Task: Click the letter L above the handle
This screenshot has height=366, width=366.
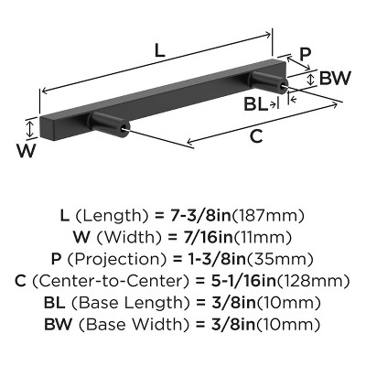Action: (160, 53)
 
